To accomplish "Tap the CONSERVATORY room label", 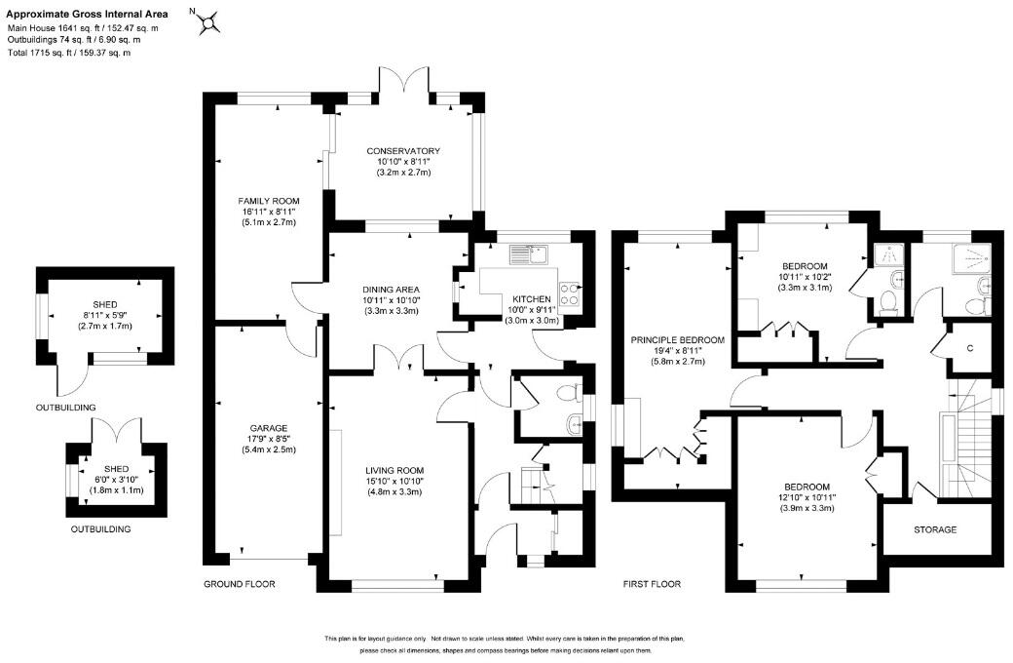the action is (403, 151).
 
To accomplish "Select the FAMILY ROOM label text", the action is (269, 201).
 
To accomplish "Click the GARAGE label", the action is (269, 428).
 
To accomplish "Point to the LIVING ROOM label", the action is (394, 470).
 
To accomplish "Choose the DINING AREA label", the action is (391, 290).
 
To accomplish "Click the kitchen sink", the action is (528, 254).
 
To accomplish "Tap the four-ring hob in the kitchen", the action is (569, 295).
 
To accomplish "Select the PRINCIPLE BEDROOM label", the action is (678, 339).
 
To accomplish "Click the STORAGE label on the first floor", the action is (935, 529).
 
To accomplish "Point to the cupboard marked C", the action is (970, 348).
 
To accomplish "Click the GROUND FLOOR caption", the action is (240, 584).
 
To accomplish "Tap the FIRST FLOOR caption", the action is (652, 584).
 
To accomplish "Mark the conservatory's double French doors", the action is (404, 83).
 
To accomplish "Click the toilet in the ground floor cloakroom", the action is (568, 393).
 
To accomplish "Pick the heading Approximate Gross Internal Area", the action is (88, 14).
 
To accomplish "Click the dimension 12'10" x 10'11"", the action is (807, 497).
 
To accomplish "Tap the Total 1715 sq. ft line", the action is (69, 53).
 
